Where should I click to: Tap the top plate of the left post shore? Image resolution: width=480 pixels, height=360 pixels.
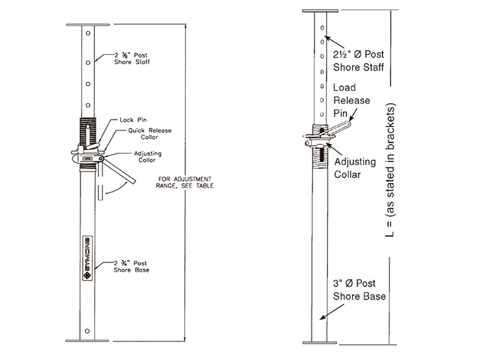tap(87, 25)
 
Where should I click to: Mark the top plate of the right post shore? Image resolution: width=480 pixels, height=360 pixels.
tap(321, 11)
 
